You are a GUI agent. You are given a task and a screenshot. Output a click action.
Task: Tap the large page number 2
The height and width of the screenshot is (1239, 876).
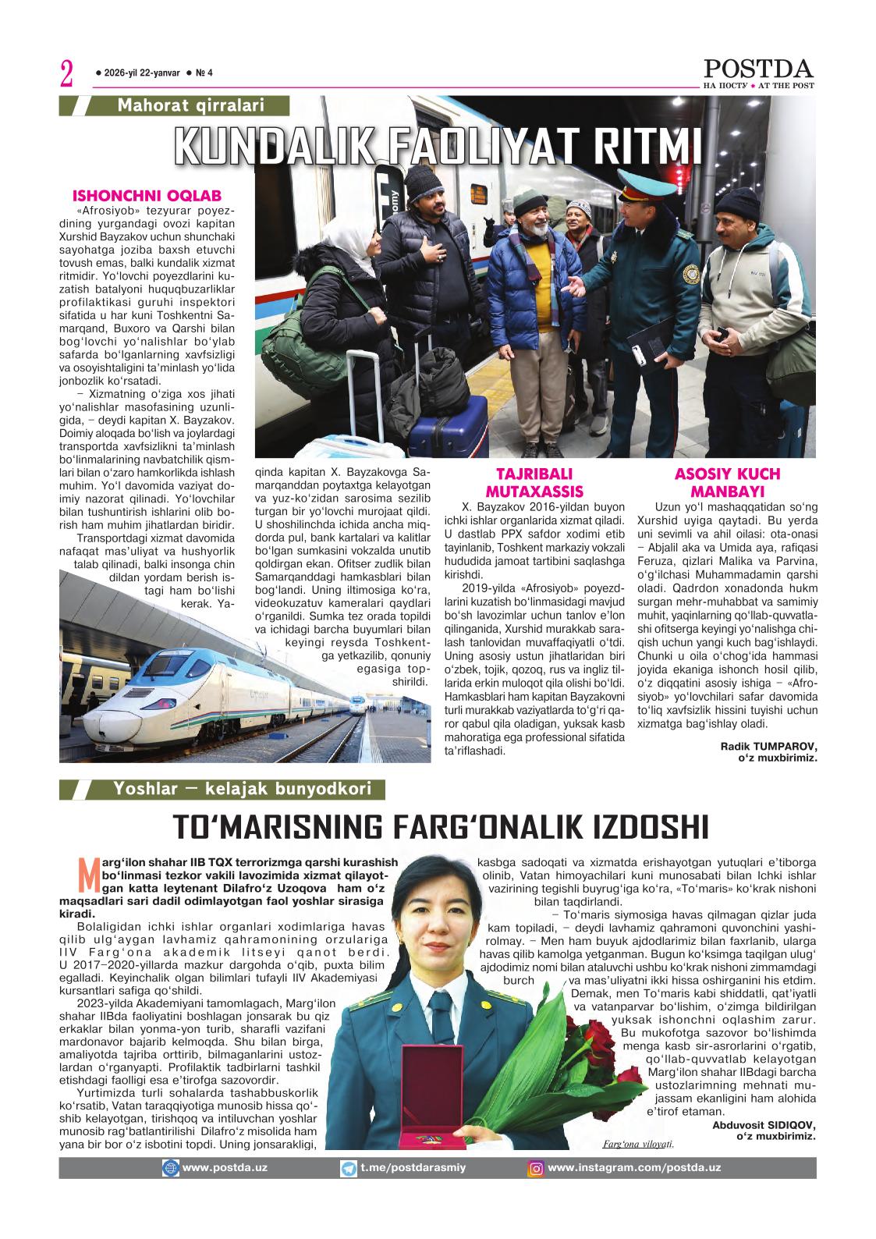pos(66,75)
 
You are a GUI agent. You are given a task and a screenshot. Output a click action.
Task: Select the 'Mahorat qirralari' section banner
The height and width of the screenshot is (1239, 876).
pos(190,105)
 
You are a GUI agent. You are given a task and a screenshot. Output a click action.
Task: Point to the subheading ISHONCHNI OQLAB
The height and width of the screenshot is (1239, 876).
pos(147,196)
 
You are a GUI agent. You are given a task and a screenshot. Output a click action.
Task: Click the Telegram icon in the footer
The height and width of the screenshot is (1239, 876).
pos(349,1169)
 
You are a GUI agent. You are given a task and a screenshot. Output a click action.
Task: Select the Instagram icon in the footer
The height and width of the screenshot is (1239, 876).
pos(536,1169)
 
